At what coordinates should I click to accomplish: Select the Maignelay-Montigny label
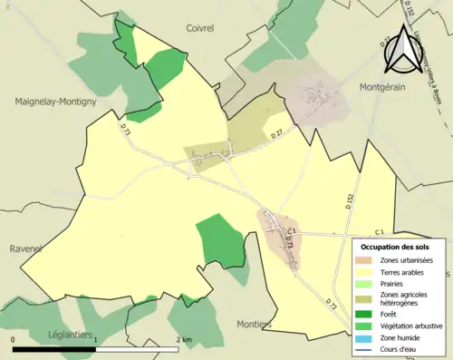pos(55,102)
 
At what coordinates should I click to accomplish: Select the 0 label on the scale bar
pos(14,339)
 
